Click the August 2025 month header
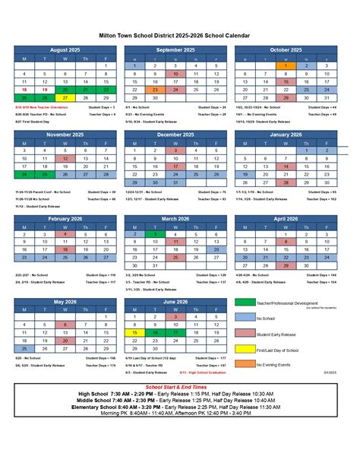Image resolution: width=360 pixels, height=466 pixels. tap(65, 49)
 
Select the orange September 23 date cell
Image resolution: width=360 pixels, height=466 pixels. tap(154, 90)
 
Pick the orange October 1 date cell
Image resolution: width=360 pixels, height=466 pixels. tap(285, 66)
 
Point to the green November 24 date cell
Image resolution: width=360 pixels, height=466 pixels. tap(24, 173)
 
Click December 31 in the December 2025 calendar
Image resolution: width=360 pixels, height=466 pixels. tap(175, 182)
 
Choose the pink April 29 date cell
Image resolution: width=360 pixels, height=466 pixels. tap(285, 266)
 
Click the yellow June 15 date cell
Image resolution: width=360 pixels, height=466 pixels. tap(134, 333)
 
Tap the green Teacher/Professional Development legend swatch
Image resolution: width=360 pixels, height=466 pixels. tap(245, 303)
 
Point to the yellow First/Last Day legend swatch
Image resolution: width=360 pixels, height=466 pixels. tap(245, 349)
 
